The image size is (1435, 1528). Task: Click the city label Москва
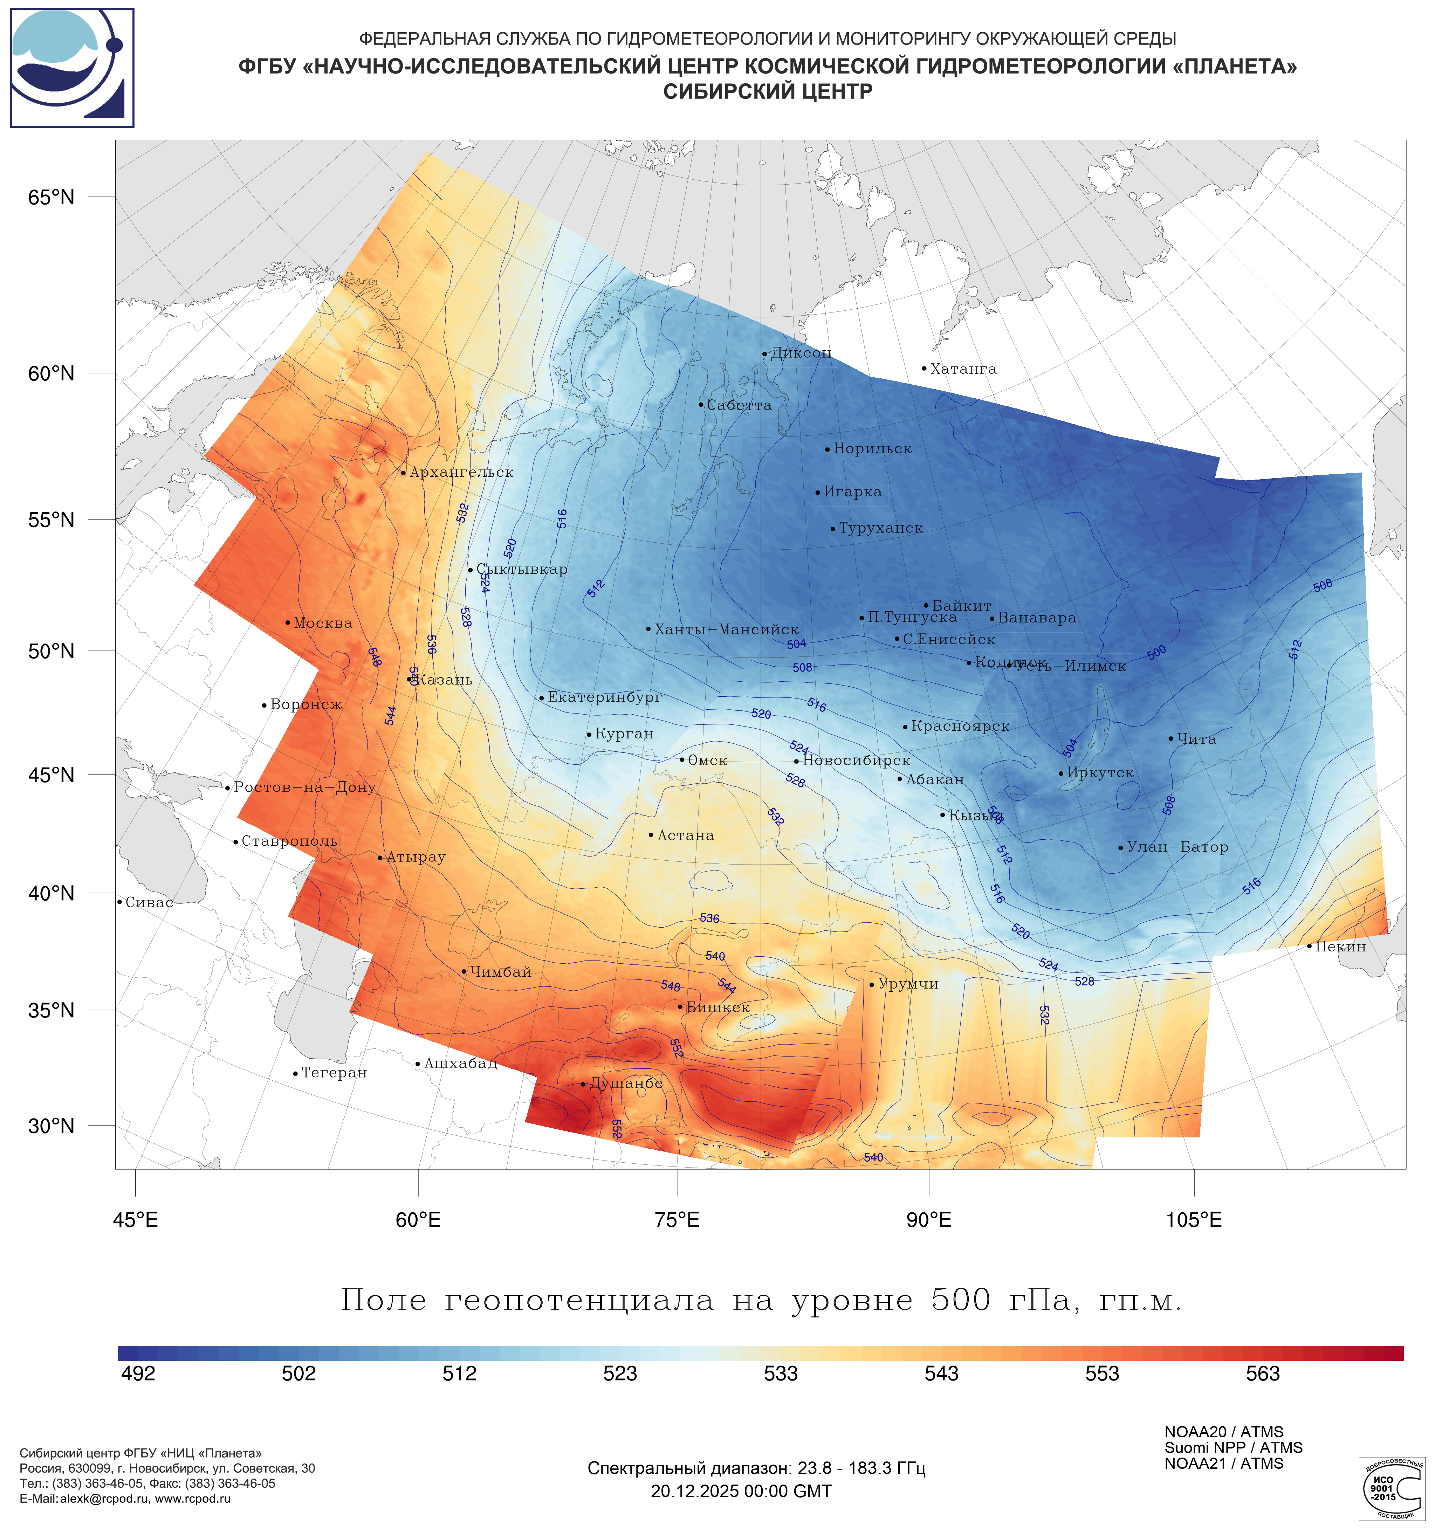click(x=323, y=623)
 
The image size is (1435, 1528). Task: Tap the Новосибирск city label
click(x=856, y=760)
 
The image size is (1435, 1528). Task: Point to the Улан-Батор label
click(x=1177, y=847)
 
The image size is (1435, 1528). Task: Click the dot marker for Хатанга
click(x=924, y=368)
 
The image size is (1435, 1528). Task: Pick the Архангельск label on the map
click(x=461, y=472)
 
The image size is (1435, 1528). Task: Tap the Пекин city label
click(x=1340, y=947)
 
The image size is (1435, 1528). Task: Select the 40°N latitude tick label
click(x=52, y=893)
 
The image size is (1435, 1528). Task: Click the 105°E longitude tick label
click(x=1194, y=1220)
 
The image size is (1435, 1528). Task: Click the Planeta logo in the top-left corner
click(x=72, y=68)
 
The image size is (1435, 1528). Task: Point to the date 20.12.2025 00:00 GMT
click(x=741, y=1491)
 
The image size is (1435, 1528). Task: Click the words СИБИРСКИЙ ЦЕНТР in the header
click(x=768, y=91)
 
